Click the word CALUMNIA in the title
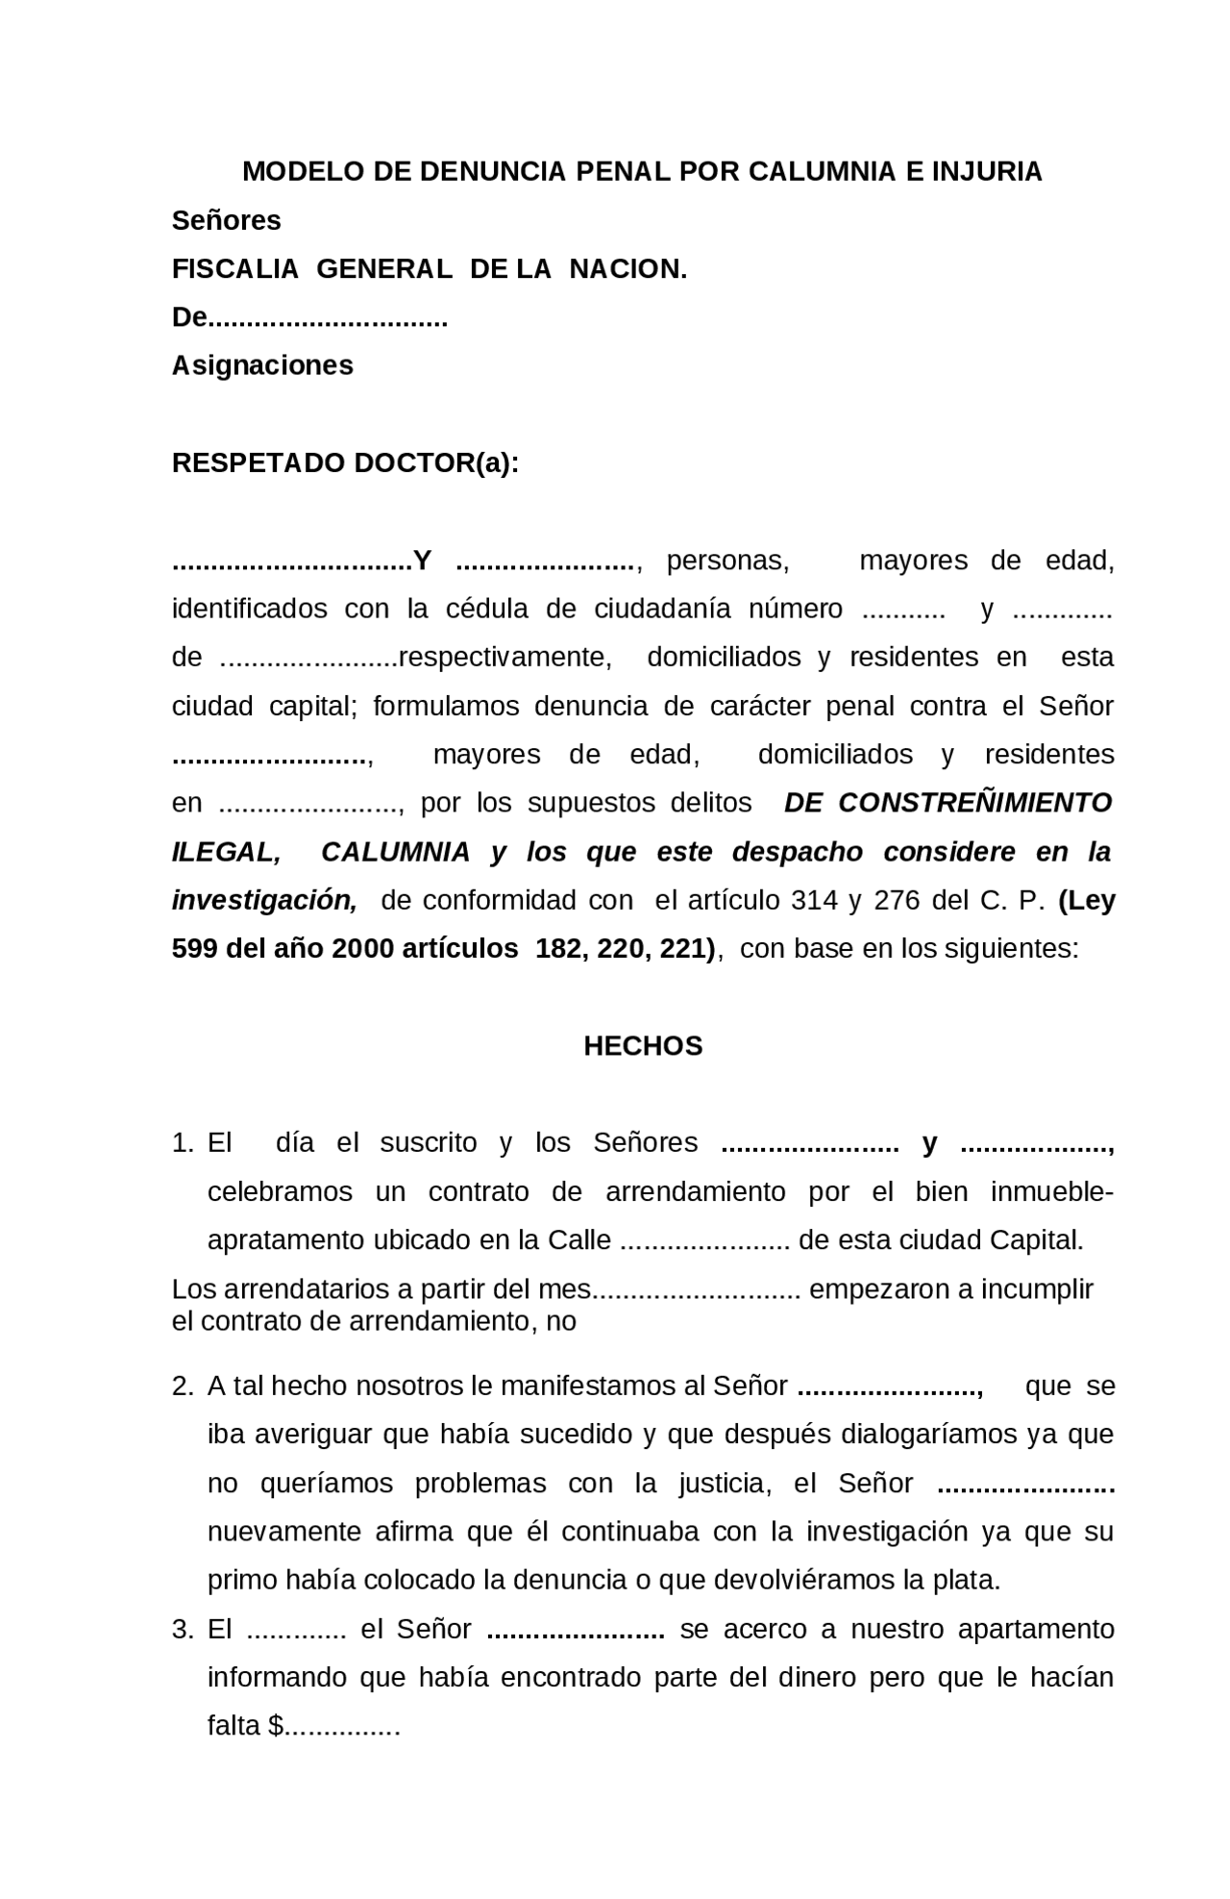(823, 172)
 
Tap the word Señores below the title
(226, 221)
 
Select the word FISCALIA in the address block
(235, 269)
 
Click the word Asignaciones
(262, 366)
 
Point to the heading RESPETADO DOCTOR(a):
(345, 463)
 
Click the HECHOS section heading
(643, 1046)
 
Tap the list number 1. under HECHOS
(184, 1143)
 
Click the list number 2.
(184, 1387)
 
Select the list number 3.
(184, 1630)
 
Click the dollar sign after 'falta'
(275, 1727)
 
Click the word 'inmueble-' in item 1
(1051, 1192)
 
